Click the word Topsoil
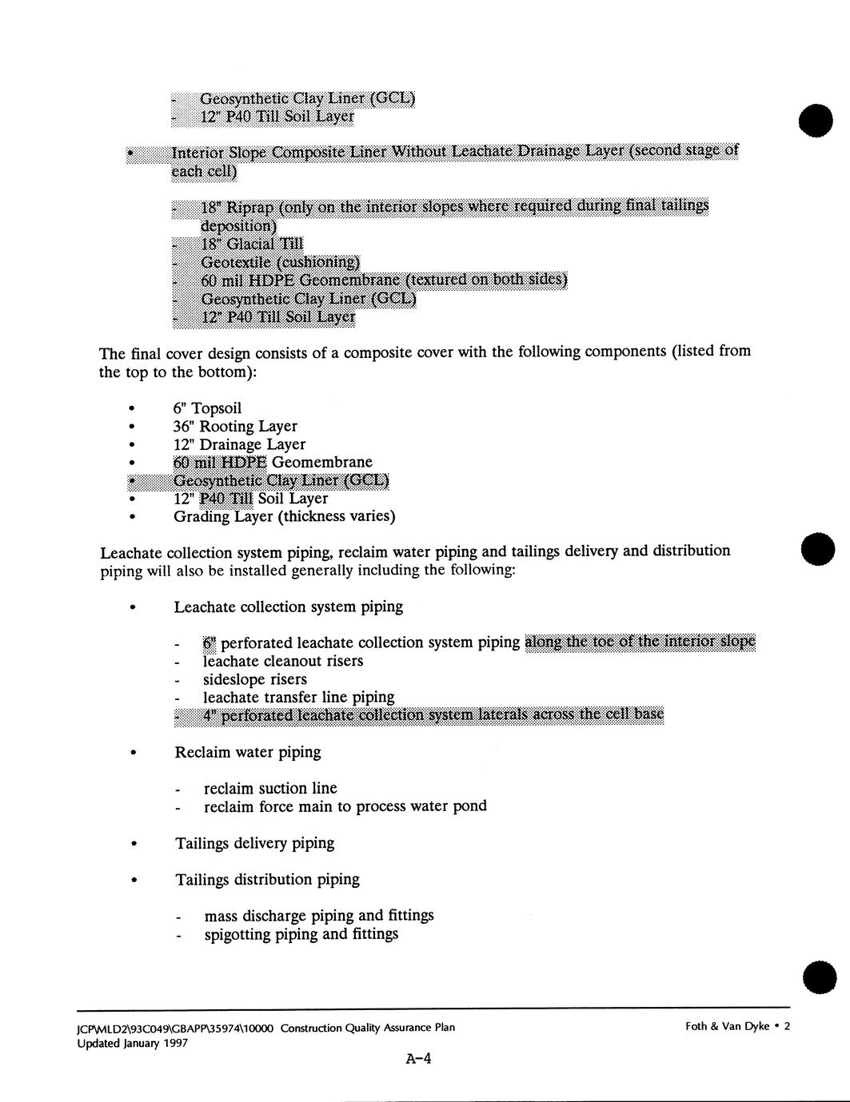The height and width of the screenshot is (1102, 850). [x=216, y=408]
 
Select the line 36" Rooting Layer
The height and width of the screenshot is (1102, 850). [x=235, y=427]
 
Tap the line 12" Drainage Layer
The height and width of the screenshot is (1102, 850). [x=239, y=444]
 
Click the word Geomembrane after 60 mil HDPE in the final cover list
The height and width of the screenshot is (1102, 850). [x=321, y=462]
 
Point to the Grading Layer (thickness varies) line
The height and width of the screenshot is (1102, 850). [x=284, y=516]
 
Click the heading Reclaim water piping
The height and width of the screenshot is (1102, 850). [x=248, y=752]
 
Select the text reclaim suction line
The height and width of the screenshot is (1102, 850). [x=270, y=788]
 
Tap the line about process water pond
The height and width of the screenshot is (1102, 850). [x=345, y=806]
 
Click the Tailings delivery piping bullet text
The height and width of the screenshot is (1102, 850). [x=255, y=843]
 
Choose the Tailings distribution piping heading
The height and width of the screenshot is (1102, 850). [x=267, y=880]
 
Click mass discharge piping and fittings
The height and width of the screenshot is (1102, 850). [x=319, y=916]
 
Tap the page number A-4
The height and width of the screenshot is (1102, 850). [x=419, y=1060]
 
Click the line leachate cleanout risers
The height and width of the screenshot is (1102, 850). [x=283, y=661]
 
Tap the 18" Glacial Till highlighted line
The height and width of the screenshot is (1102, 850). [x=252, y=244]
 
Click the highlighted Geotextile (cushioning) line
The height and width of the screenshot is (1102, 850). [x=280, y=262]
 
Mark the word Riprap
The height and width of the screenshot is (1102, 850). [x=250, y=207]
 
